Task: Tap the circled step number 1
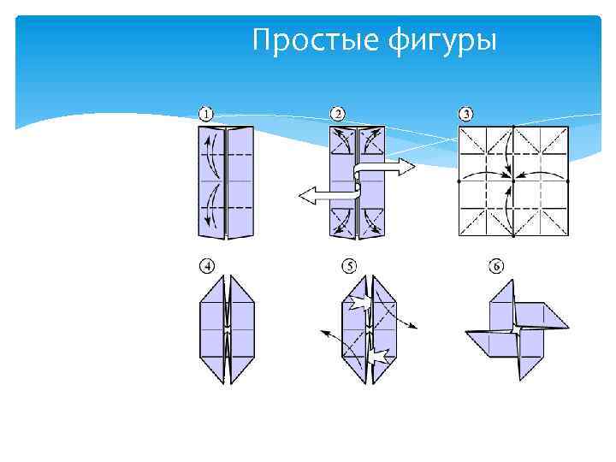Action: click(207, 114)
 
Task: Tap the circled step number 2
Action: click(338, 114)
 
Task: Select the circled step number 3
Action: click(466, 114)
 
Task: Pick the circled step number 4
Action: click(207, 267)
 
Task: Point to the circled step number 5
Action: click(349, 267)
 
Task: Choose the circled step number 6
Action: click(496, 267)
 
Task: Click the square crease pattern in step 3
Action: click(513, 181)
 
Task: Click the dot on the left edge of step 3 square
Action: click(459, 181)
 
